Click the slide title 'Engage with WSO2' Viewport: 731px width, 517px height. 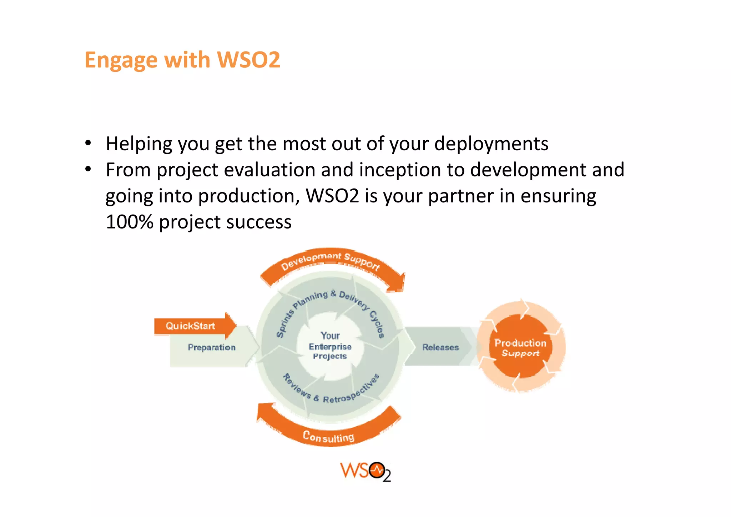(x=182, y=60)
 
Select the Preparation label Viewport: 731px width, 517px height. (x=212, y=347)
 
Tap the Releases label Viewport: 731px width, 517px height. (x=440, y=347)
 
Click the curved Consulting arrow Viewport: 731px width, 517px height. (x=328, y=436)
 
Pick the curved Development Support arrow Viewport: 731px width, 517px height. (x=330, y=260)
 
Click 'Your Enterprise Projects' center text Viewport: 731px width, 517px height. (x=330, y=346)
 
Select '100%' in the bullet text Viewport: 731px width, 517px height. (x=130, y=222)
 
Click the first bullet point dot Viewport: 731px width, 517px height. (x=88, y=144)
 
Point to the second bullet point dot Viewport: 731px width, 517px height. (x=88, y=170)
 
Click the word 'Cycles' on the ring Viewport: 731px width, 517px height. (x=377, y=324)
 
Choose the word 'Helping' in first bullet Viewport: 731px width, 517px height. (x=139, y=144)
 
